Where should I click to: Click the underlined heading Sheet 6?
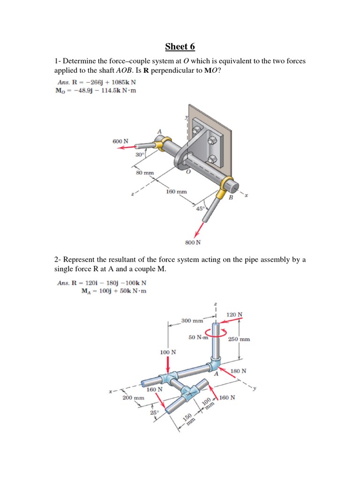180,46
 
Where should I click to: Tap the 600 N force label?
120,141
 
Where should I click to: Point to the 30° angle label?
139,155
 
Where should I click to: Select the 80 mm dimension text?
145,173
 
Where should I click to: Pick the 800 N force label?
193,242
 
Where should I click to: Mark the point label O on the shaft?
187,172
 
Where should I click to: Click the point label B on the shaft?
230,198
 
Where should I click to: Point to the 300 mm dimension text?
192,321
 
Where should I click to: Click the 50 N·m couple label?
198,337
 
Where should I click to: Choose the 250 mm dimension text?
239,339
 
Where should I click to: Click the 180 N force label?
239,371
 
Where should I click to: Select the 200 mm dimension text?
133,397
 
